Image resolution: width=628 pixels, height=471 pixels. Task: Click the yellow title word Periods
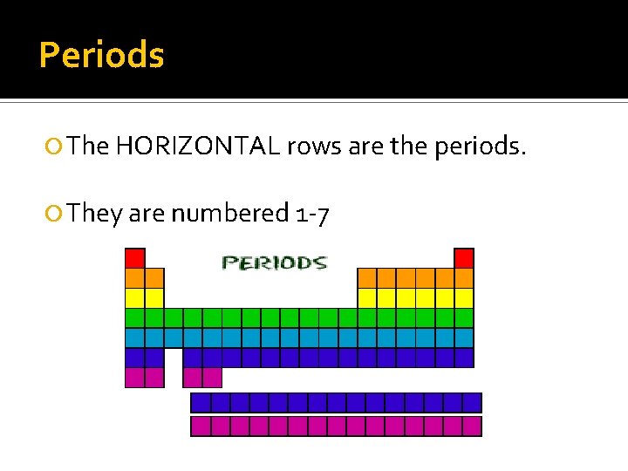coord(101,55)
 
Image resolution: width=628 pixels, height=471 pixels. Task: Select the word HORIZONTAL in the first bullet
coord(195,146)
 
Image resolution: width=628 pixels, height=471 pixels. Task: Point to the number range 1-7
coord(311,214)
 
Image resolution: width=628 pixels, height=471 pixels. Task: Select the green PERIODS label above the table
coord(273,262)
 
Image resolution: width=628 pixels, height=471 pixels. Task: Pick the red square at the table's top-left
coord(134,257)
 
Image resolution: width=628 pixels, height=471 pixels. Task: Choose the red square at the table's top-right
coord(464,257)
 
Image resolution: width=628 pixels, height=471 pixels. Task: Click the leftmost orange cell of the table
coord(134,277)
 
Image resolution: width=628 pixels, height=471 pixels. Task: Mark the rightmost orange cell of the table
coord(464,277)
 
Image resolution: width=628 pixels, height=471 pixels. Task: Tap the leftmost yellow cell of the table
coord(134,297)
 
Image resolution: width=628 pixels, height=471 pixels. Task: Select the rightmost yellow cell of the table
coord(464,297)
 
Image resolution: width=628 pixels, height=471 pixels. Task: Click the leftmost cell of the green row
coord(134,317)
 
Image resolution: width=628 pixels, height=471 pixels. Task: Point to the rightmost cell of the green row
coord(464,317)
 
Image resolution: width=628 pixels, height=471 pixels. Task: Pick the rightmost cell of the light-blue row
coord(464,338)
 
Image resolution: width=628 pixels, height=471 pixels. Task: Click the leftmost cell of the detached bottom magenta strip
coord(200,426)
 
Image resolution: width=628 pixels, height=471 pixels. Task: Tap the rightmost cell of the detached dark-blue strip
coord(472,402)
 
